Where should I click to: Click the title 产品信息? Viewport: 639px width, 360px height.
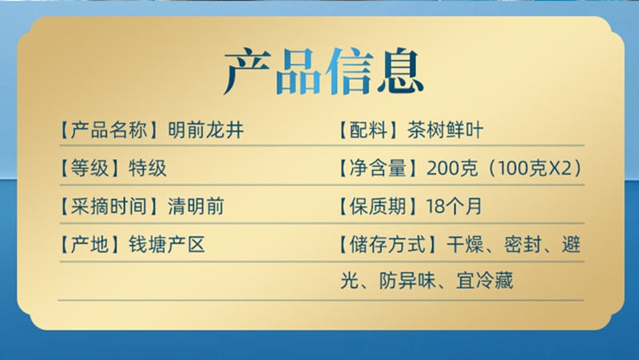pyautogui.click(x=323, y=71)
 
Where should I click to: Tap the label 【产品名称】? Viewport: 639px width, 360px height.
pyautogui.click(x=109, y=130)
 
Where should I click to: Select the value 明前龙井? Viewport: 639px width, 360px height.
pyautogui.click(x=206, y=130)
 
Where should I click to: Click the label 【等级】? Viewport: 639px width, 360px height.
pyautogui.click(x=89, y=168)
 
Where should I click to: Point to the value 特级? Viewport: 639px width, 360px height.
pyautogui.click(x=148, y=168)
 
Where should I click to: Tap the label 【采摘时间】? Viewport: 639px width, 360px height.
pyautogui.click(x=109, y=206)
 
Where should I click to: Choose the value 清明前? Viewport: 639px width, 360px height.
pyautogui.click(x=196, y=206)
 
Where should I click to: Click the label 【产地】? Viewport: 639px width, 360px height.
pyautogui.click(x=89, y=244)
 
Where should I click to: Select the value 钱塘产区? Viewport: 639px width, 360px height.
pyautogui.click(x=167, y=244)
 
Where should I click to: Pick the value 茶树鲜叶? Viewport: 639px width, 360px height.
pyautogui.click(x=445, y=130)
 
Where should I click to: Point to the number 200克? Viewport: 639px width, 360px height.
pyautogui.click(x=452, y=168)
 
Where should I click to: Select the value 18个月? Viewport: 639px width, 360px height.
pyautogui.click(x=454, y=206)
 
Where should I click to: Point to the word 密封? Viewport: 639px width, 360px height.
pyautogui.click(x=523, y=244)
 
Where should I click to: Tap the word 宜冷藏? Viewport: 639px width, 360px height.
pyautogui.click(x=485, y=281)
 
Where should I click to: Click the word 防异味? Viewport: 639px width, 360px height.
pyautogui.click(x=407, y=281)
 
